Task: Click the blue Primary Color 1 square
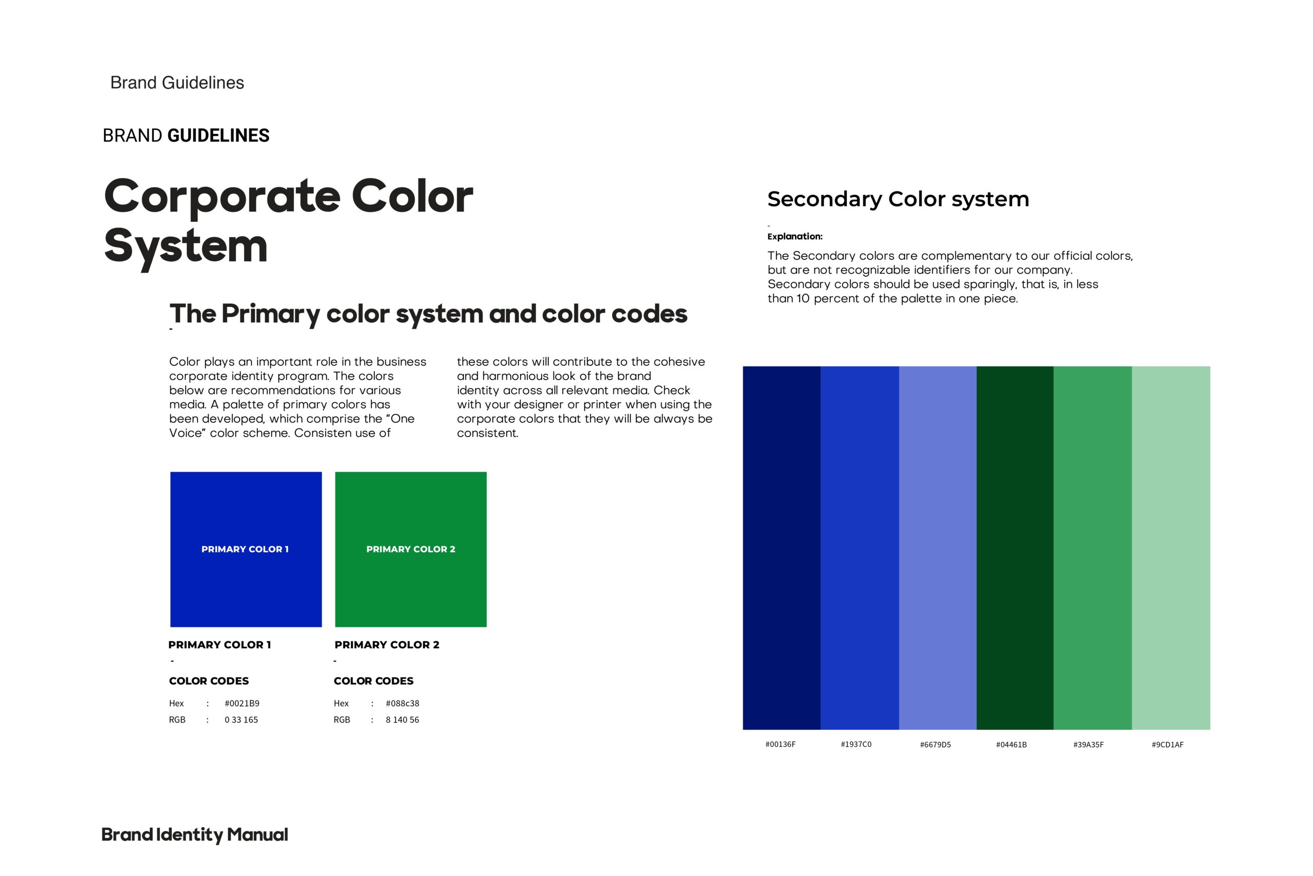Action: (246, 549)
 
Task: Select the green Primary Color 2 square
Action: (410, 549)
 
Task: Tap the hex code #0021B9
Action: (242, 704)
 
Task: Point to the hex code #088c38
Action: (402, 704)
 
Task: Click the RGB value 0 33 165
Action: (241, 719)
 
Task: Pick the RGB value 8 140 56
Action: (402, 719)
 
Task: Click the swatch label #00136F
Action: (781, 744)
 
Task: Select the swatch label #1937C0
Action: (856, 744)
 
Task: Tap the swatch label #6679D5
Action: (935, 744)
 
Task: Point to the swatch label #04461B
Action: (1011, 744)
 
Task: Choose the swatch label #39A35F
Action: (1088, 744)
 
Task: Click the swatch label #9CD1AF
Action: (1167, 744)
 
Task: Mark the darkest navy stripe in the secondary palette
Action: (782, 548)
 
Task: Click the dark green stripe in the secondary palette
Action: (1015, 548)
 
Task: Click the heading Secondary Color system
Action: (898, 200)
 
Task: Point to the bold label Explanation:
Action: (795, 236)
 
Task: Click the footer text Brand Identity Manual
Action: (195, 834)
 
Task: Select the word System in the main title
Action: (186, 246)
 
